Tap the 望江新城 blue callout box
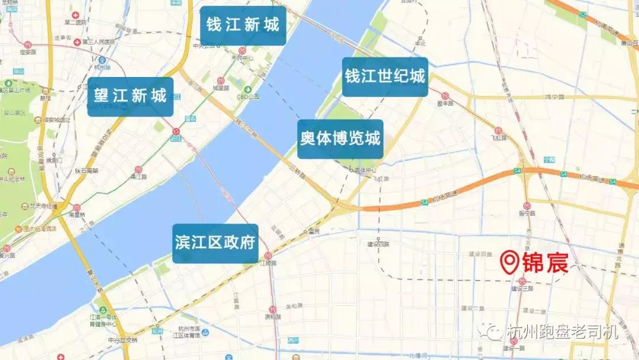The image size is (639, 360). coord(131,96)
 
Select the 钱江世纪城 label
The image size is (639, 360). coord(385,77)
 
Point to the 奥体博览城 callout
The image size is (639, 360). coord(340,139)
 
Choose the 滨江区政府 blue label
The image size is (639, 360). coord(215,243)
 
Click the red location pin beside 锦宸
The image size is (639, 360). coord(509,262)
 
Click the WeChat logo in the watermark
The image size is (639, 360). coord(492,332)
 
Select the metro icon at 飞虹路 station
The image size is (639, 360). coord(498,130)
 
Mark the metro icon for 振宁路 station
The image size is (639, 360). coord(526,205)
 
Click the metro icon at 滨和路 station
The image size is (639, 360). coord(272,309)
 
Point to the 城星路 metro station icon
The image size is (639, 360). coord(220,81)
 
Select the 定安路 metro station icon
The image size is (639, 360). coord(28,45)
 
